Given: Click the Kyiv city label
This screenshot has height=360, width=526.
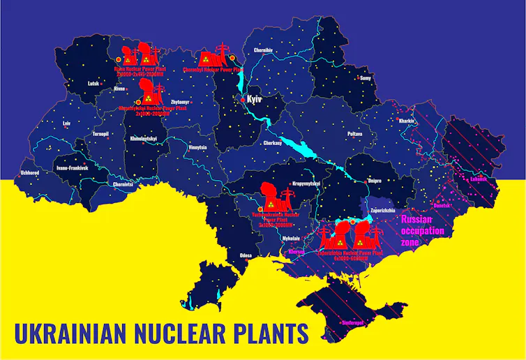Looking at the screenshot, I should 254,100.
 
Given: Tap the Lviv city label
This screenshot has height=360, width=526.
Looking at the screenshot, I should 67,123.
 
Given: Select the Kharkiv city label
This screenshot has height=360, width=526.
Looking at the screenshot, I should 406,120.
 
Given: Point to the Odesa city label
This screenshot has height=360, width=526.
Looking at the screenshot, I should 246,256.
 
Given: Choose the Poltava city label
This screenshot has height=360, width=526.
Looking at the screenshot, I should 354,133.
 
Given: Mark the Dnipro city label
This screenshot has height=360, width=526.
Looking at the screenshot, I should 375,180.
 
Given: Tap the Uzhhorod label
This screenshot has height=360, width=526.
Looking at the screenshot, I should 30,172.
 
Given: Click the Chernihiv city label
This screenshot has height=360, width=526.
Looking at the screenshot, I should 263,50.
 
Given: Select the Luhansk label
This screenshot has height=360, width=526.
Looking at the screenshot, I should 479,179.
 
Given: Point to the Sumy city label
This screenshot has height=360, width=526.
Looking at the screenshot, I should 366,78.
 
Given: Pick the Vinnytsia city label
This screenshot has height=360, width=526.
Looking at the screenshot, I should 197,147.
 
